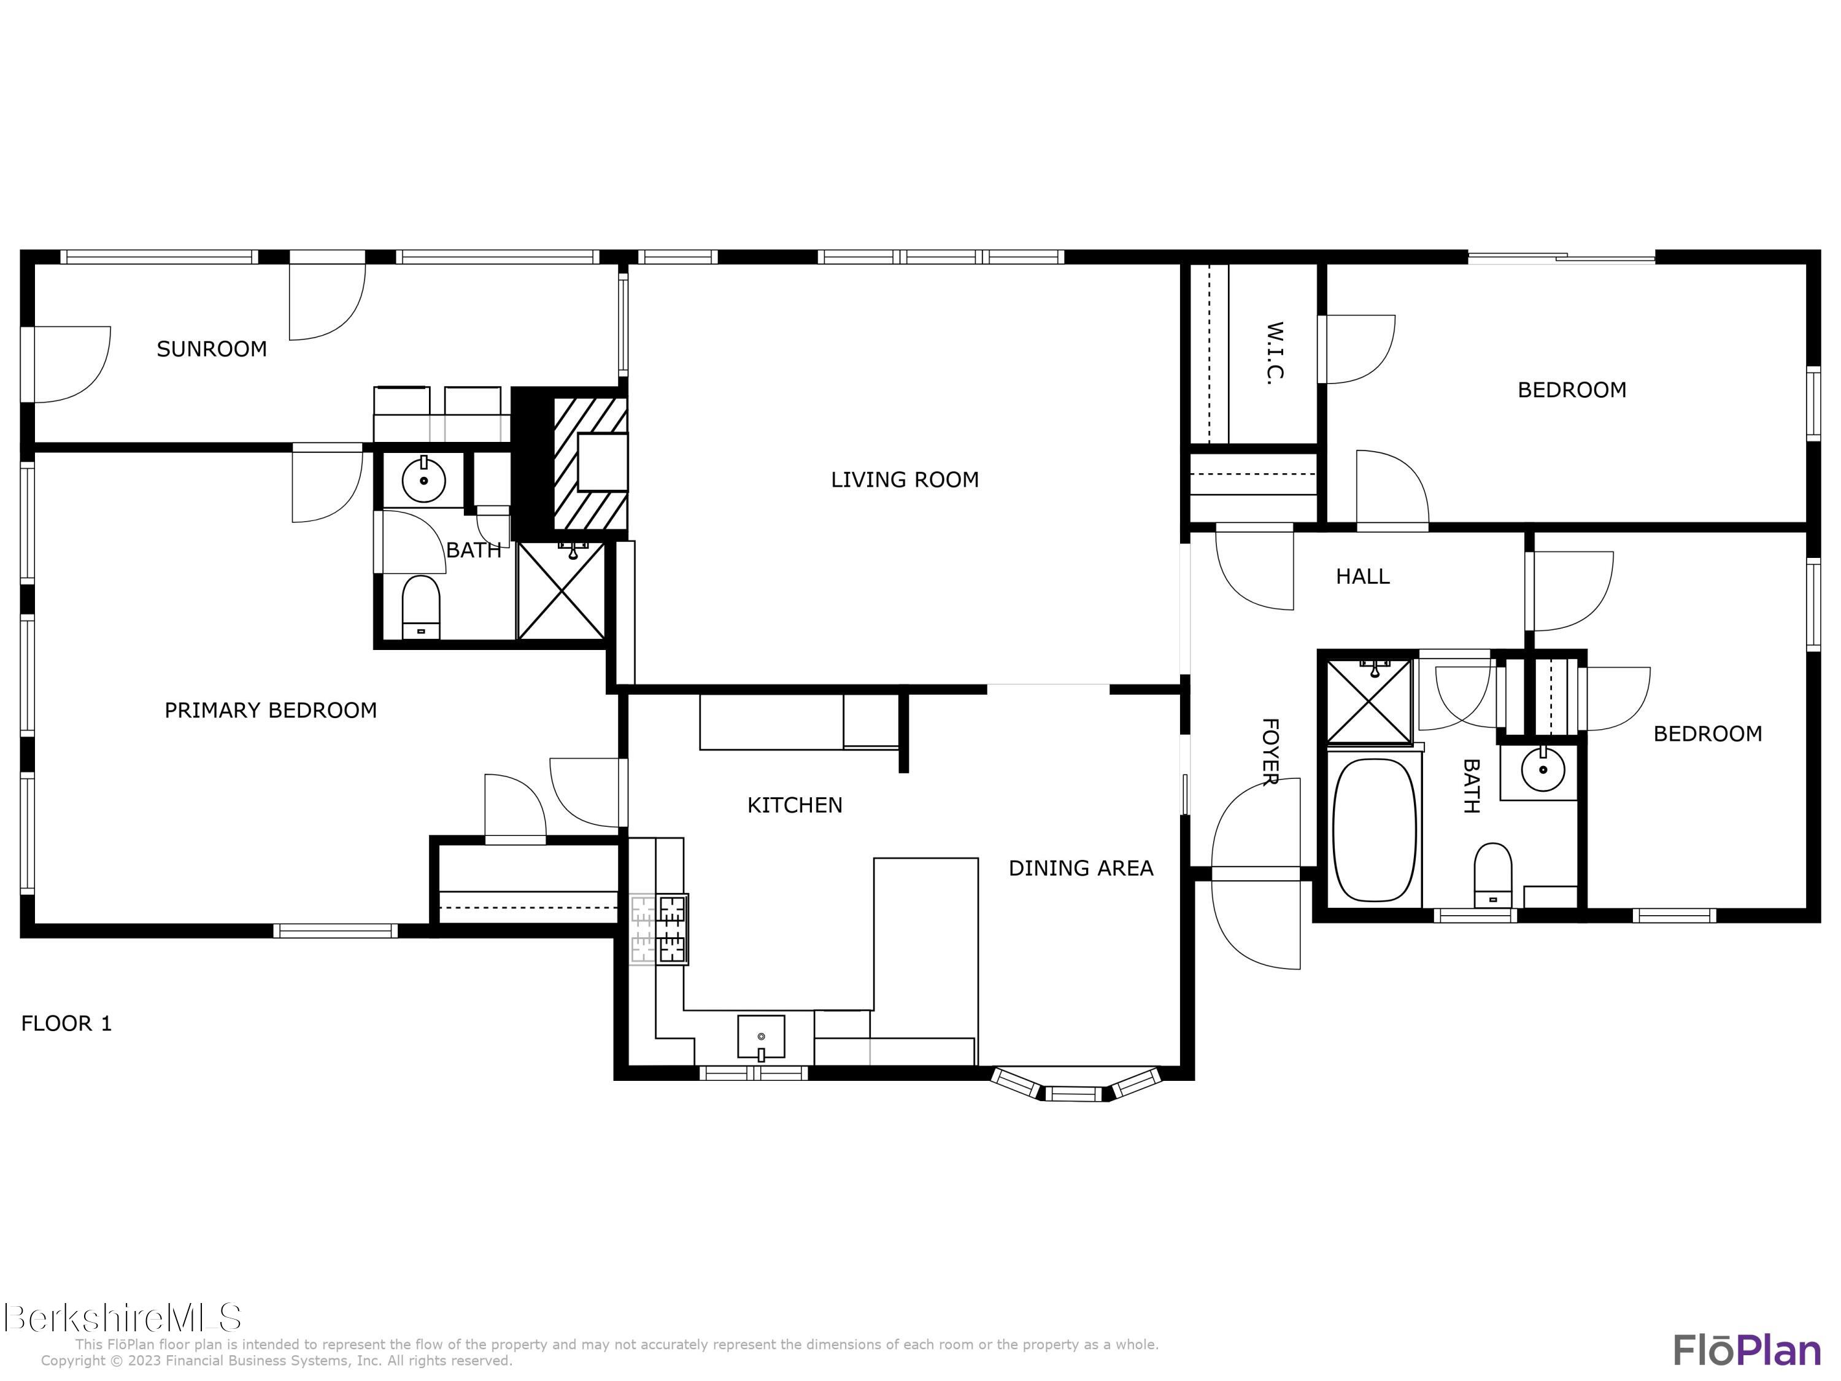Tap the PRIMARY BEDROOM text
271,710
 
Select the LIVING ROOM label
905,479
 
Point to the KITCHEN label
795,805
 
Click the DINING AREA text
1080,868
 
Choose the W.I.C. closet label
1274,353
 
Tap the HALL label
1362,576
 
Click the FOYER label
1270,752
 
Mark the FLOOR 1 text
66,1023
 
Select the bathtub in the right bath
1374,830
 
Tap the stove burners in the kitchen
671,929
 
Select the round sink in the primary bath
423,481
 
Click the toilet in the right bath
1492,875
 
